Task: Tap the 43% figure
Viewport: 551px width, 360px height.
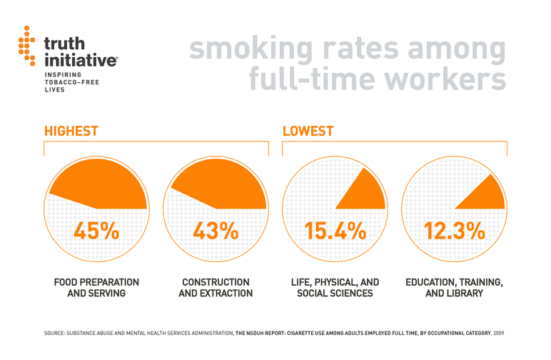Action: [216, 231]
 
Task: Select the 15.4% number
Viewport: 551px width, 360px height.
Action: [335, 231]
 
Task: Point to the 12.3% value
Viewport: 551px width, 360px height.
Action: [454, 231]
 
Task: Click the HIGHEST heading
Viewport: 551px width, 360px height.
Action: [71, 131]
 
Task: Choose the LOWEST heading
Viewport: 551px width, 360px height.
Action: [308, 131]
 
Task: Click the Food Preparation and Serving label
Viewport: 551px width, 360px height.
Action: [96, 288]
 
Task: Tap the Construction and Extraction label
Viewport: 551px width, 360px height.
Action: [216, 288]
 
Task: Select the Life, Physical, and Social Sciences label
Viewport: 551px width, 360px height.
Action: [335, 288]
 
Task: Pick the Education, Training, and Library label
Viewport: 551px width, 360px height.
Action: [454, 288]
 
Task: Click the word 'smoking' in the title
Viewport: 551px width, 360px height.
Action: [248, 49]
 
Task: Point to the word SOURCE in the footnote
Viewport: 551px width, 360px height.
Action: [57, 334]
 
